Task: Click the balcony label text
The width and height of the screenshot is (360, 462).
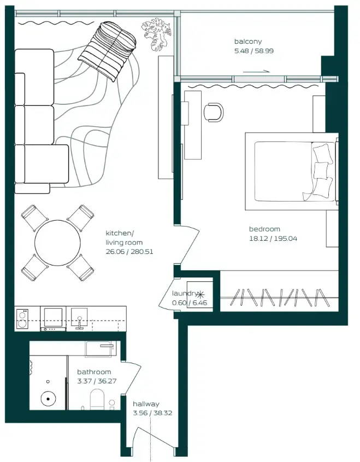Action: point(248,42)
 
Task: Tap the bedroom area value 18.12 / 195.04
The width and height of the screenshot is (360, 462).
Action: point(273,239)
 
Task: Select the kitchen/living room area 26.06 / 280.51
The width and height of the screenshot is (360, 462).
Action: point(130,252)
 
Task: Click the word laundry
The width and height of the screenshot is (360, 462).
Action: point(184,293)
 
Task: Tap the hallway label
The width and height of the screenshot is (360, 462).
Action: point(146,404)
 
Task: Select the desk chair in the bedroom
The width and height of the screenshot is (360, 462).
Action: point(214,112)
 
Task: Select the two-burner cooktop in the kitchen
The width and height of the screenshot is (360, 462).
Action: point(22,318)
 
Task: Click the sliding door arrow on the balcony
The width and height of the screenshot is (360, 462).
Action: point(256,71)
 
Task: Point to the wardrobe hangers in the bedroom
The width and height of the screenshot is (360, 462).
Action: point(279,298)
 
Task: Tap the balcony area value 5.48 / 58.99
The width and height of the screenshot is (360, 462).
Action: point(254,51)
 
